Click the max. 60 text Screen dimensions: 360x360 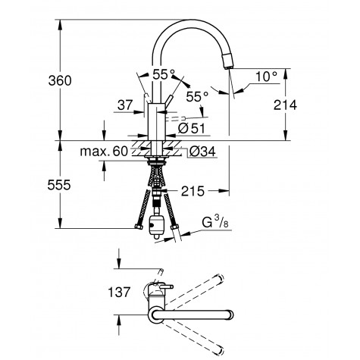click(x=104, y=152)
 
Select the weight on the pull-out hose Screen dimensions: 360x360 click(x=158, y=225)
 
